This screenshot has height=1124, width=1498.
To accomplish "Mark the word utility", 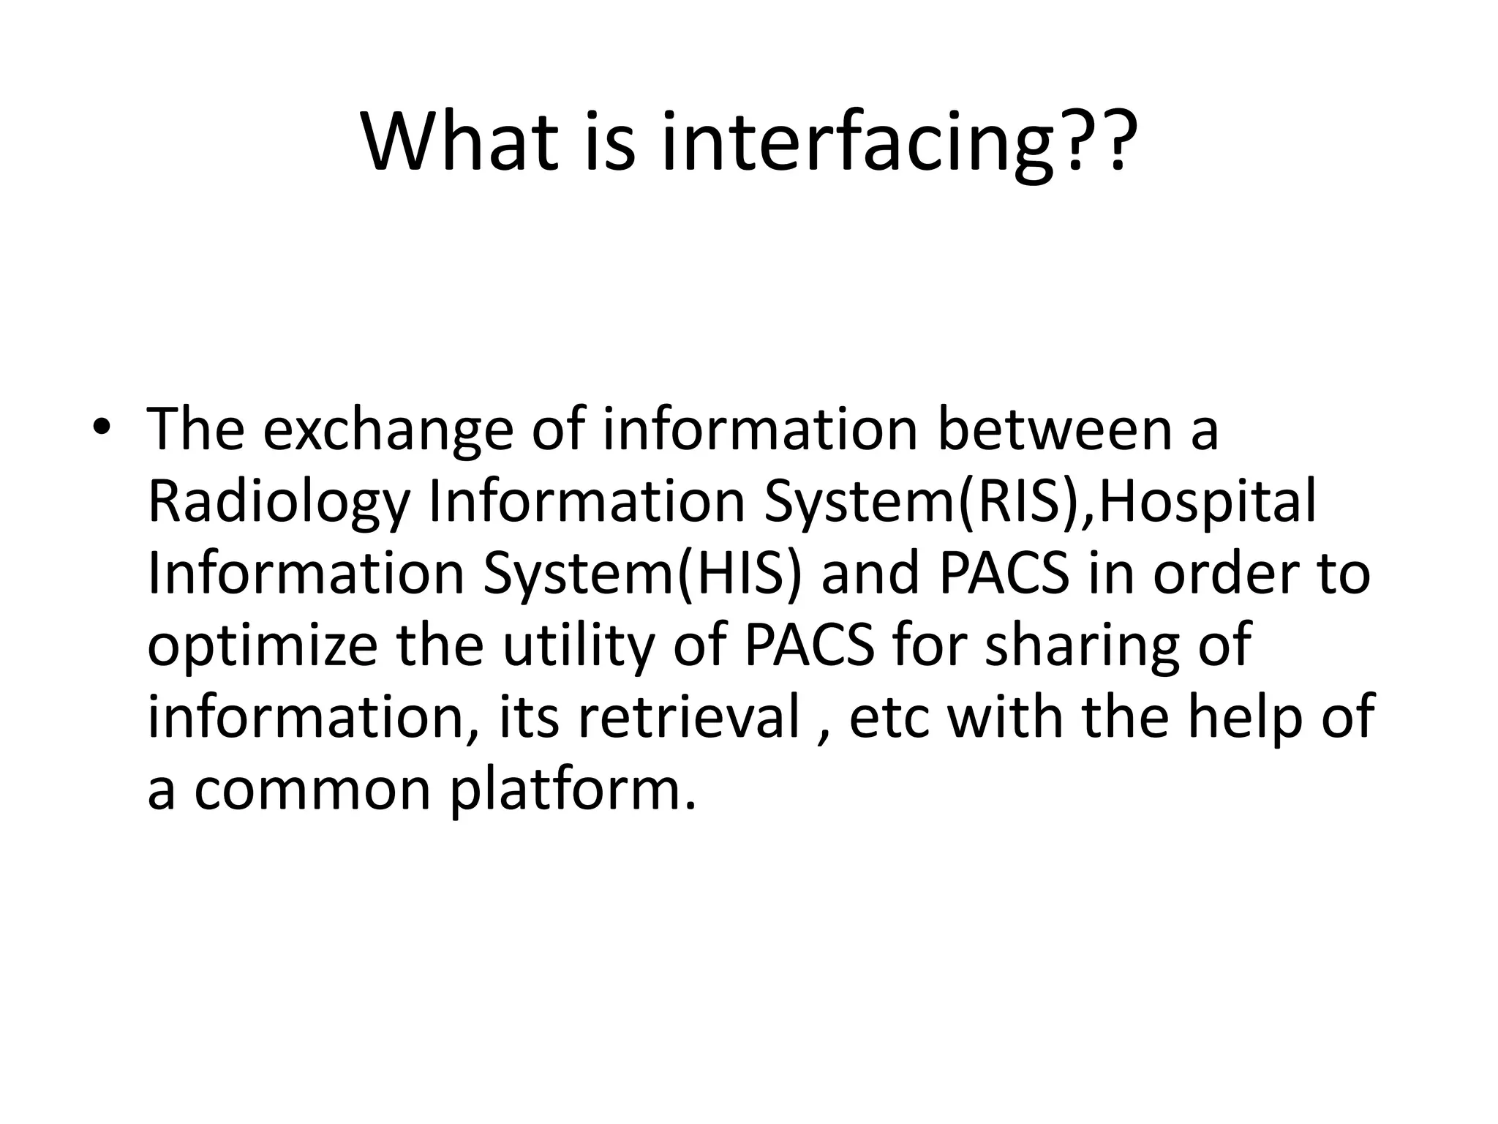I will pos(578,647).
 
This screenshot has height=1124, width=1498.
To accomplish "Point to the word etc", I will pos(889,718).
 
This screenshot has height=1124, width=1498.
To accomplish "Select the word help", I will pos(1244,718).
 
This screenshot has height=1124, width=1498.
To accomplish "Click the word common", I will pos(312,790).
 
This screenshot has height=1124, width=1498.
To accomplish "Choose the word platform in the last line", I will pos(571,790).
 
